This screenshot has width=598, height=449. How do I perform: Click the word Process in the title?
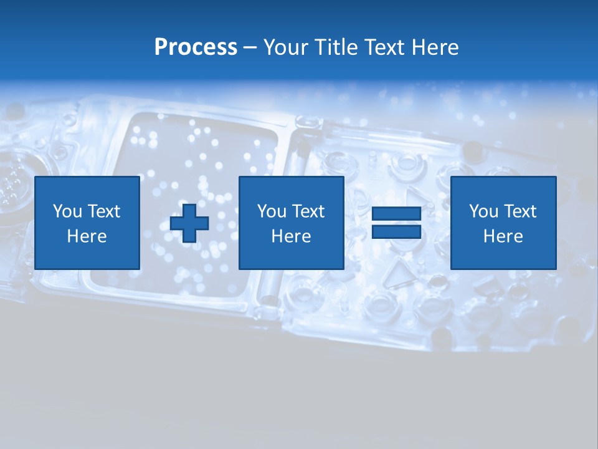(x=196, y=47)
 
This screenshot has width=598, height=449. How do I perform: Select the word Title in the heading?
(x=337, y=47)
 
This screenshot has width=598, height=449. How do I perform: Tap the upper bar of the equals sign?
(x=396, y=214)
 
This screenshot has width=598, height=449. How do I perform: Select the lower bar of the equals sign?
(x=396, y=232)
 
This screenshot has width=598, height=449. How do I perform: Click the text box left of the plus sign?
(x=87, y=223)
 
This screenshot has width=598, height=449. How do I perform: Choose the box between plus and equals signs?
(x=291, y=223)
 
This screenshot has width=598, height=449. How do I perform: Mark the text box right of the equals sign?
(x=503, y=223)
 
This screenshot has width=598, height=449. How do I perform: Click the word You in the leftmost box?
(x=67, y=211)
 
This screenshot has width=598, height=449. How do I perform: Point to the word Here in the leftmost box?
(x=87, y=236)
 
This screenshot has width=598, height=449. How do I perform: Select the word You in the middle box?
(x=272, y=211)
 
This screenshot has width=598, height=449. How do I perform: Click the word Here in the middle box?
(x=291, y=236)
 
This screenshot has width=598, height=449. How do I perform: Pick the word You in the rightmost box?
(x=483, y=211)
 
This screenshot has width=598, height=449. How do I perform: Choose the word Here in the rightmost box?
(x=503, y=236)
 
